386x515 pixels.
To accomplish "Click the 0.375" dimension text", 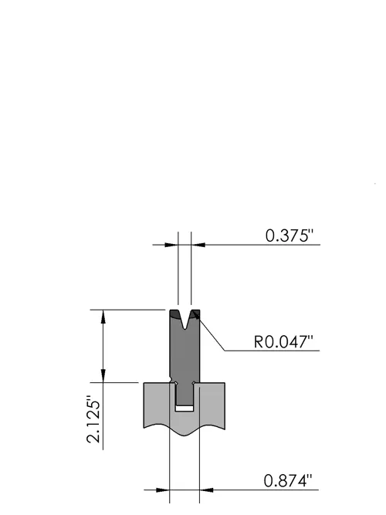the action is click(289, 235).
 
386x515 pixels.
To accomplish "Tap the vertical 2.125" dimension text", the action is click(93, 419).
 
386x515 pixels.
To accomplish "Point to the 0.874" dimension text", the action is click(288, 481).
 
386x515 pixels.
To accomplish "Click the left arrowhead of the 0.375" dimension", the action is click(171, 245).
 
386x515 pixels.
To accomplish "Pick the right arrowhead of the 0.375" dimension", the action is click(198, 245).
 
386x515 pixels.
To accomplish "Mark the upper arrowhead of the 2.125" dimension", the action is click(103, 317).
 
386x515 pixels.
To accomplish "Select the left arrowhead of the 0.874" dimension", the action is click(163, 490).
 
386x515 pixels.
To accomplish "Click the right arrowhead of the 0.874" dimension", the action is click(206, 490).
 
